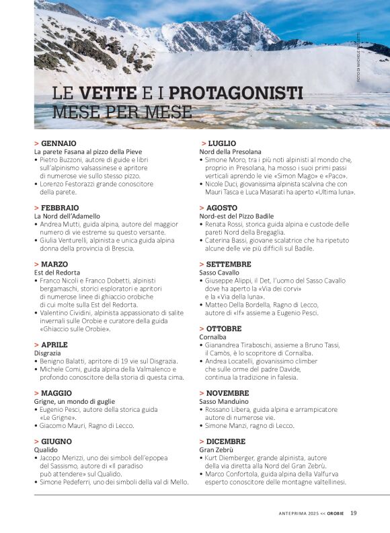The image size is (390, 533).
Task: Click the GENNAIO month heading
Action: click(58, 143)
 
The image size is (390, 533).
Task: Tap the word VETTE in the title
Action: click(107, 92)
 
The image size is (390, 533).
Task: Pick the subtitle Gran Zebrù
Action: click(217, 450)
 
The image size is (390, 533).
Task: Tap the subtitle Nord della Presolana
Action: click(230, 152)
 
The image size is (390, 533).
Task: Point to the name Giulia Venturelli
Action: click(66, 240)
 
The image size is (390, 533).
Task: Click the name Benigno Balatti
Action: click(67, 361)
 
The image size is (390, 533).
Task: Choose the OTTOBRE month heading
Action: click(224, 328)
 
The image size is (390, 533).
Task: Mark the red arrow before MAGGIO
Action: click(36, 393)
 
